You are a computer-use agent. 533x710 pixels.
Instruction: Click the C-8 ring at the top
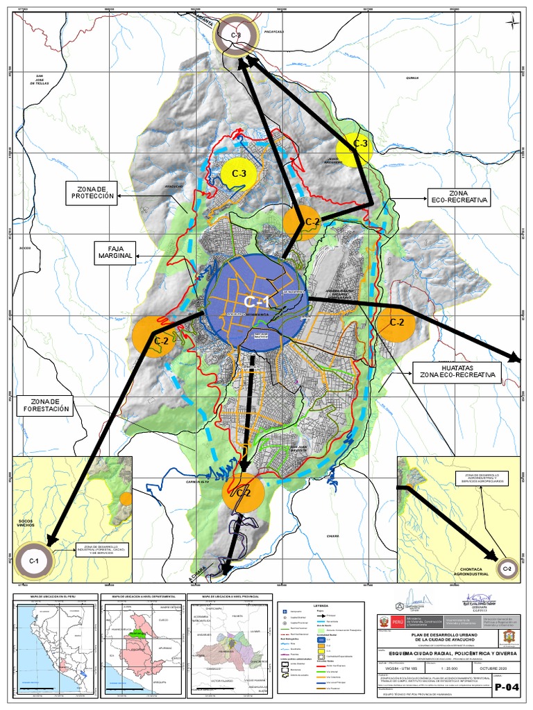pyautogui.click(x=236, y=37)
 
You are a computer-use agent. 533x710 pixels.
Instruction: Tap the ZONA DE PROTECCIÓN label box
pyautogui.click(x=91, y=193)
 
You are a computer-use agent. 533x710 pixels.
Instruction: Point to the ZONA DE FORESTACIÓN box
pyautogui.click(x=46, y=406)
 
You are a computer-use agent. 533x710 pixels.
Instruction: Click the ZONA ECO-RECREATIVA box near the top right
pyautogui.click(x=459, y=196)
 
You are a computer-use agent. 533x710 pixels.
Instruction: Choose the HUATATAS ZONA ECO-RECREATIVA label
pyautogui.click(x=457, y=371)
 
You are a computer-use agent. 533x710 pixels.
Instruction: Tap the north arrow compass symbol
pyautogui.click(x=511, y=24)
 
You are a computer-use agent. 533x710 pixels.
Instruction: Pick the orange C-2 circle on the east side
pyautogui.click(x=396, y=322)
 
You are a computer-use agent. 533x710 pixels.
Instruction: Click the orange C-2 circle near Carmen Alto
pyautogui.click(x=243, y=492)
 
